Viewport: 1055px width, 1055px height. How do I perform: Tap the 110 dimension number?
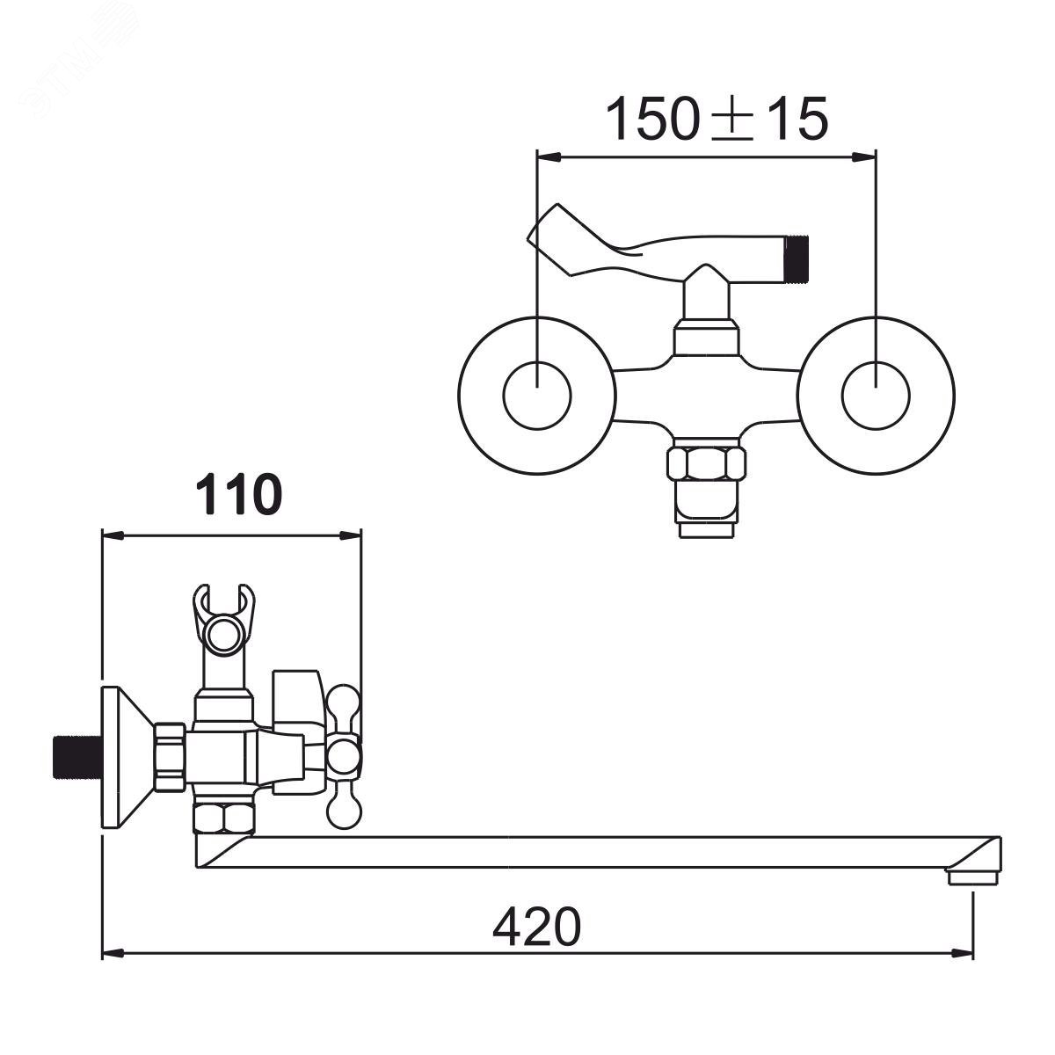pyautogui.click(x=238, y=496)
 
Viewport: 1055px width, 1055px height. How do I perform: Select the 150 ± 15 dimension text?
pyautogui.click(x=717, y=119)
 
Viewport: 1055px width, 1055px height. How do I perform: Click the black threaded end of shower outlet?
pyautogui.click(x=799, y=256)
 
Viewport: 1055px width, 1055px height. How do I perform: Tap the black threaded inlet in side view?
pyautogui.click(x=77, y=757)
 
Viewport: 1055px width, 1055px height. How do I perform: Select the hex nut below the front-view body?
pyautogui.click(x=706, y=464)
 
